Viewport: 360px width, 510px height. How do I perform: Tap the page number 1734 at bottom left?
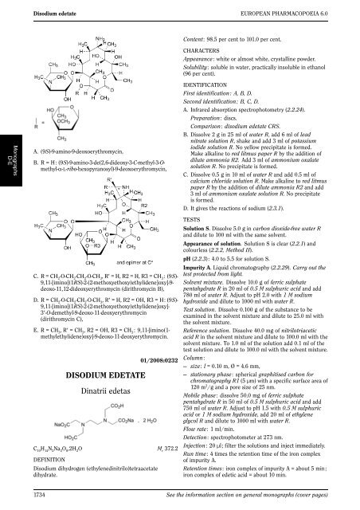click(x=36, y=496)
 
